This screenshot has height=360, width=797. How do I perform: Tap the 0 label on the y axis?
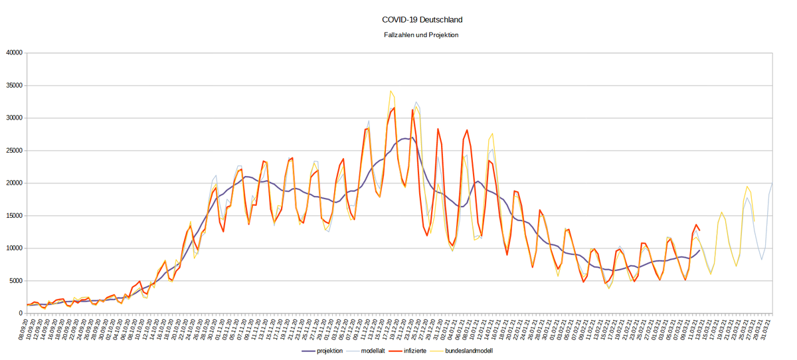tap(21, 314)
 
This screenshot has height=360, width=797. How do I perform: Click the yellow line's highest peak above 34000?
tap(391, 91)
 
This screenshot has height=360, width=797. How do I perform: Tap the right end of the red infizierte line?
tap(699, 230)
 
